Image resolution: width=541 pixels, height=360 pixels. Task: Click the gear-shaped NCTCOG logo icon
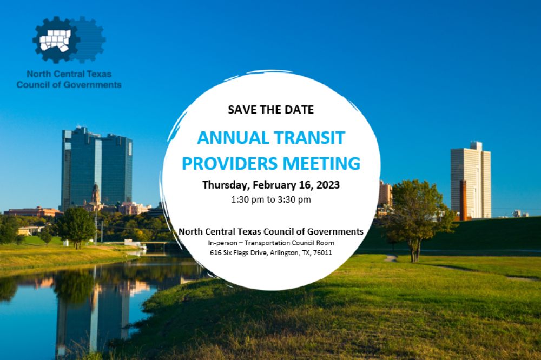pos(69,40)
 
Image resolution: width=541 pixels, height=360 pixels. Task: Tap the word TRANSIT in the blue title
pos(309,138)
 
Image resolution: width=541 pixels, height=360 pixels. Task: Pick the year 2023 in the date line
pos(328,185)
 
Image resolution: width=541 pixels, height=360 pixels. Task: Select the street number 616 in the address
pos(216,253)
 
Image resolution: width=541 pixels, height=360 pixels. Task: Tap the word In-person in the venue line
pos(222,243)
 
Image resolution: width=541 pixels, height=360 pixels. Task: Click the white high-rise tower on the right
pos(471,179)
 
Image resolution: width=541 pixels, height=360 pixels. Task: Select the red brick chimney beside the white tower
pos(463,200)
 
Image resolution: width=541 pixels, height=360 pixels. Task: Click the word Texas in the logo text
pos(99,74)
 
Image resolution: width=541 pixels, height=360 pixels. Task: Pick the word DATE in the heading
pos(299,110)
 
